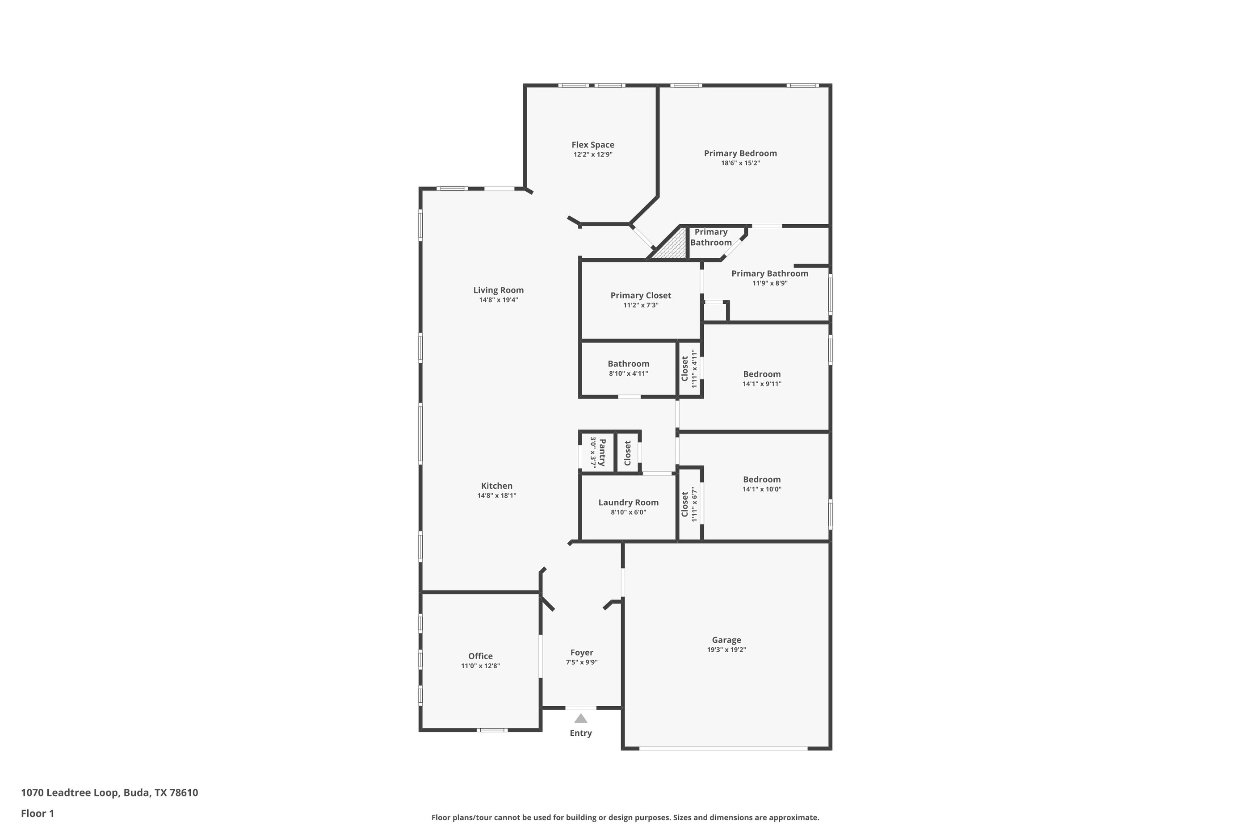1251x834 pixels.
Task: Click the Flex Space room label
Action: [x=592, y=145]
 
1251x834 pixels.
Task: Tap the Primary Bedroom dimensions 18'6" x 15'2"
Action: [x=740, y=163]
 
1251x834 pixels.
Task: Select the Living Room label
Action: [x=498, y=290]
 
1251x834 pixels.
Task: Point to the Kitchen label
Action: [x=497, y=486]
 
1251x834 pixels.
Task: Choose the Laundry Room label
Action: [x=628, y=502]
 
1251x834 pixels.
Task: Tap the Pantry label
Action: [x=602, y=453]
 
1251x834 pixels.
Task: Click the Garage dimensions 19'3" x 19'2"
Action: [x=726, y=650]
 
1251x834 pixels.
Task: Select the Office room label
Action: [x=480, y=656]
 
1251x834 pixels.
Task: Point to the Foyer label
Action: [x=581, y=652]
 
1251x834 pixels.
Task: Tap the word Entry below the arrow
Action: [x=581, y=733]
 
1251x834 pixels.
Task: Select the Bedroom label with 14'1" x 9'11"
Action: [x=762, y=374]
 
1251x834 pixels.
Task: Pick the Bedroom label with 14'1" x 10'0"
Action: [x=762, y=479]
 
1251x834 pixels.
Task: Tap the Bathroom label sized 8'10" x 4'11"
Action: [x=628, y=364]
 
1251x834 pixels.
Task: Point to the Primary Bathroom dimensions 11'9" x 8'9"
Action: [x=770, y=283]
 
